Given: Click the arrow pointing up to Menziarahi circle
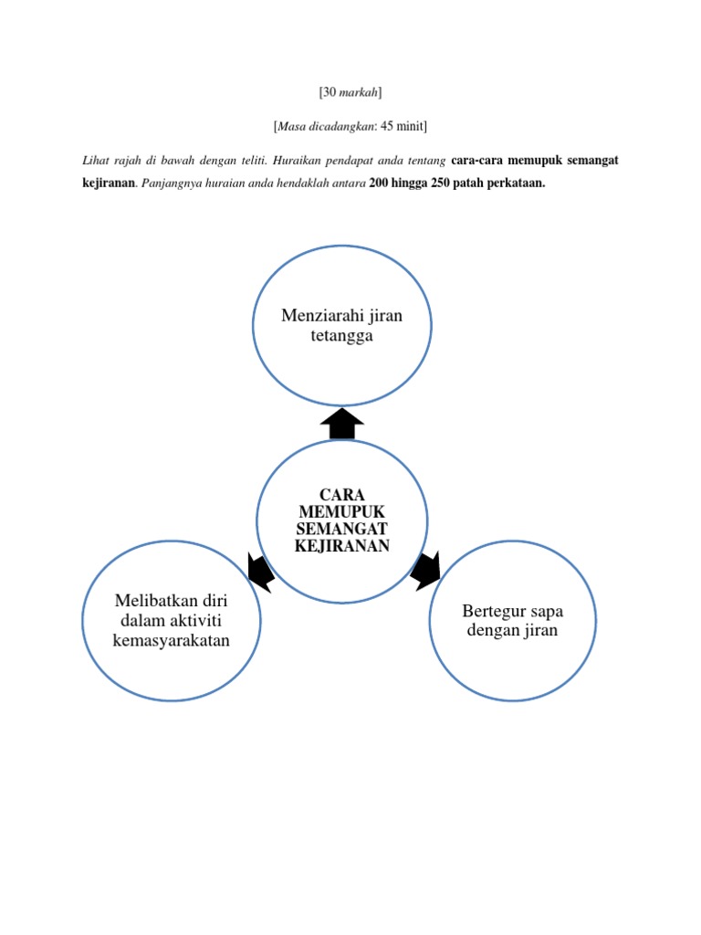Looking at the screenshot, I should point(342,423).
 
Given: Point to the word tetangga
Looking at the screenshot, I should point(341,336).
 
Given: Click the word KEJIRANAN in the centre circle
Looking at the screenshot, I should point(342,546).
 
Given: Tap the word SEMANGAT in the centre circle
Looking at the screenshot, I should point(342,529).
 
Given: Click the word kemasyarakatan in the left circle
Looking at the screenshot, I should point(171,640).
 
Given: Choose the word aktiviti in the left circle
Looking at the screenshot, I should point(195,621).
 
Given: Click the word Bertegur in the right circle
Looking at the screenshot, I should point(494,610).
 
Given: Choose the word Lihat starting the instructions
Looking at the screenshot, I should point(95,161).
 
